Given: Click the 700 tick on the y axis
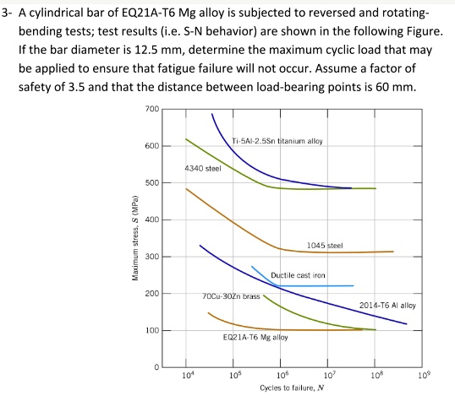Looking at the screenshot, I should click(152, 110).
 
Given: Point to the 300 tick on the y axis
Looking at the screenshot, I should click(152, 257).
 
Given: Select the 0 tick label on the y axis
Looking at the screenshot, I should click(156, 367).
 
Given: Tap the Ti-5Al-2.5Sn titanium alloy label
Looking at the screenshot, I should click(277, 140).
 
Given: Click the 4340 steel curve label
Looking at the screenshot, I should click(203, 169).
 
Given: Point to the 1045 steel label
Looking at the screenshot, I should click(325, 245).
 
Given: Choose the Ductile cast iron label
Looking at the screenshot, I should click(299, 276).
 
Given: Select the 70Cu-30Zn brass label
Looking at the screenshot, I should click(231, 296).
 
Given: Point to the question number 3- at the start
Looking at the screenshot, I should click(9, 14).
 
